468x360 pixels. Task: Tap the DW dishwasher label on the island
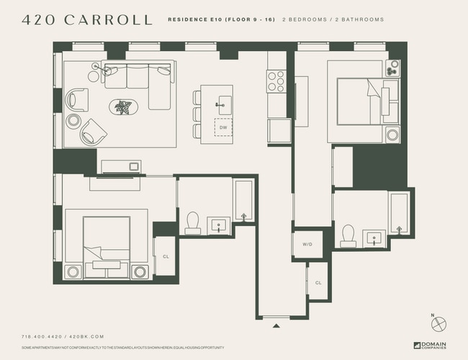223,127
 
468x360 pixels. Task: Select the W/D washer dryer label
307,245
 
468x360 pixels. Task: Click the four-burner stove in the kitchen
276,81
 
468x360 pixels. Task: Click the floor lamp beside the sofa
96,67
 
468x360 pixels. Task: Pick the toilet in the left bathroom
193,223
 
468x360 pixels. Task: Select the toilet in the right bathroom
348,235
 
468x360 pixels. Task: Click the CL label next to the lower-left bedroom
165,256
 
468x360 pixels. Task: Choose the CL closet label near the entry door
318,283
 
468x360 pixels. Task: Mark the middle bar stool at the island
197,114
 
